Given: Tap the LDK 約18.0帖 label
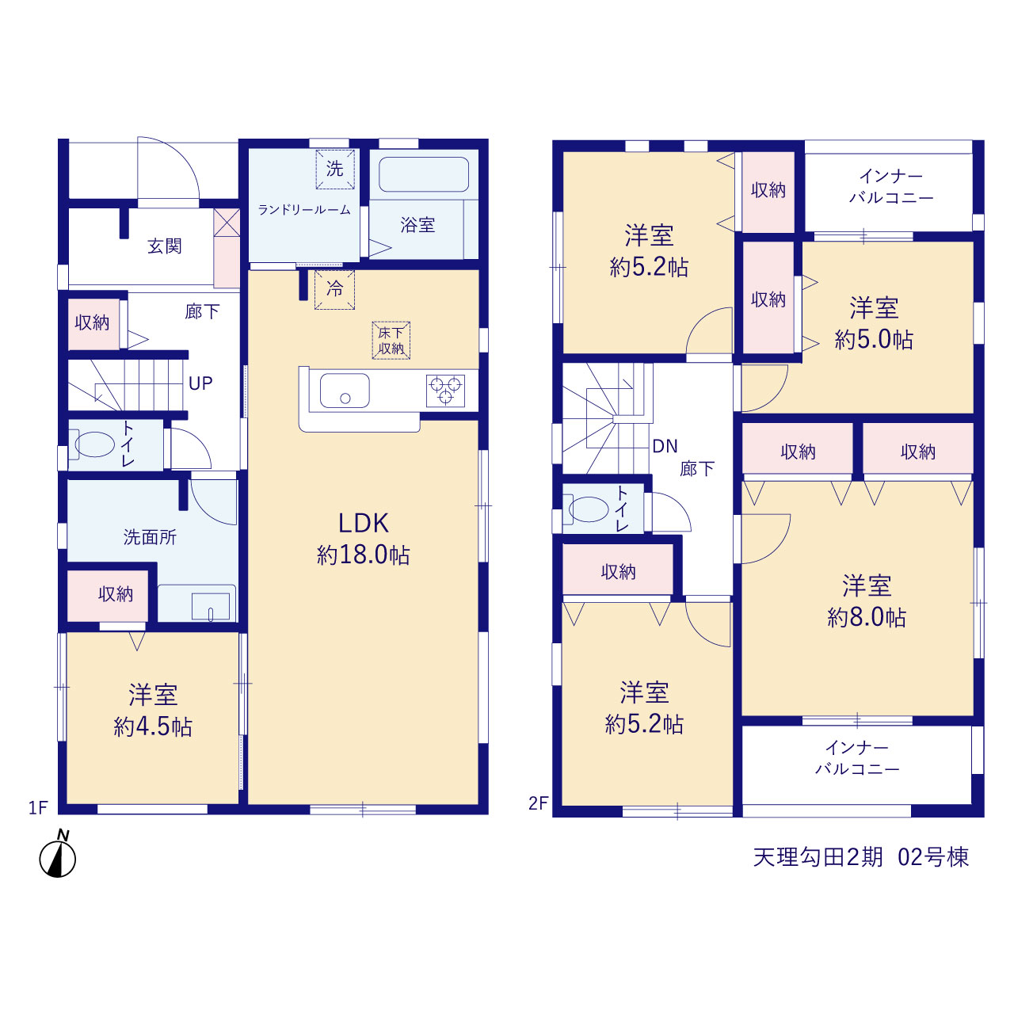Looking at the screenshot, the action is (x=363, y=539).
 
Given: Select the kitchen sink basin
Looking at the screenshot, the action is (x=345, y=391).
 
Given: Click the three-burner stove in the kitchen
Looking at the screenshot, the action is (x=445, y=391).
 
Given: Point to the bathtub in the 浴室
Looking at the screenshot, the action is (x=424, y=174).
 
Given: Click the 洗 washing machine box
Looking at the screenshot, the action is (x=334, y=169).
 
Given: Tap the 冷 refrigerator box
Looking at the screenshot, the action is (x=334, y=289).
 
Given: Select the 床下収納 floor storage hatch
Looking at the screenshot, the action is (x=391, y=341).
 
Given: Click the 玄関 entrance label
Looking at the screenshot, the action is (x=165, y=246).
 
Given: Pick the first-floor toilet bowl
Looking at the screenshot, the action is (x=93, y=444).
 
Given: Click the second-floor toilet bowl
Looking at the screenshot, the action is (x=587, y=509).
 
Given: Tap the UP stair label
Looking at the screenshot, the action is (x=200, y=383).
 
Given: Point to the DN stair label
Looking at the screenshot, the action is (x=665, y=446).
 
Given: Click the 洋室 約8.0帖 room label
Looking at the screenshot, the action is (x=867, y=601).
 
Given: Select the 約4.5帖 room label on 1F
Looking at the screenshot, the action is (x=153, y=726).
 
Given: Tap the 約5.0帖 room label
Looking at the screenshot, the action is (x=874, y=339).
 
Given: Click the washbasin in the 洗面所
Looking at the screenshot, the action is (x=211, y=607).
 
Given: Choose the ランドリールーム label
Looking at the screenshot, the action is (x=304, y=210).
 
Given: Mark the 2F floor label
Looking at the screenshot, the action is (x=539, y=803).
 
